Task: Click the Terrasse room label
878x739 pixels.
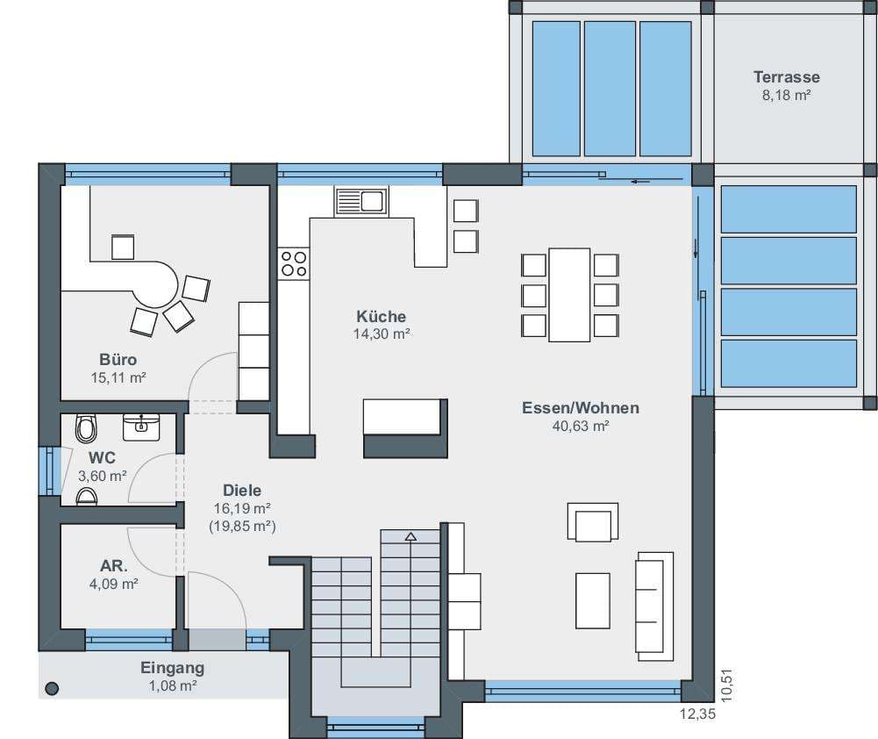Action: coord(786,76)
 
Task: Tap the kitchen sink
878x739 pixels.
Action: coord(361,202)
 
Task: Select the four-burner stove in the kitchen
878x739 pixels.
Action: coord(294,263)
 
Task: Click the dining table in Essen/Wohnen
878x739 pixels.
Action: coord(569,295)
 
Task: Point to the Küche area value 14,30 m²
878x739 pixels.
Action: coord(382,334)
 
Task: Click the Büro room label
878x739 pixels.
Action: coord(118,359)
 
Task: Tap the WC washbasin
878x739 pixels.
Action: coord(141,427)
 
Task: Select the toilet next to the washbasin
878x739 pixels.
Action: coord(86,428)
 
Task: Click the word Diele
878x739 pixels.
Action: coord(242,491)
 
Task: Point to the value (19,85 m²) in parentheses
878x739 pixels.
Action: coord(242,527)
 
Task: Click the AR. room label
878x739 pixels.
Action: coord(114,566)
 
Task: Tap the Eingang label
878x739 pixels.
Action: coord(173,668)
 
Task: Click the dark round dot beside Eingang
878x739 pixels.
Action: coord(52,689)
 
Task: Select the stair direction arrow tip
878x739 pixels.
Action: coord(411,534)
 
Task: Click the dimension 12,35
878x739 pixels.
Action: coord(697,714)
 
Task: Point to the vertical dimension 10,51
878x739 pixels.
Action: coord(726,685)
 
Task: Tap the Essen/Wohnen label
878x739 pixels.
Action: coord(581,408)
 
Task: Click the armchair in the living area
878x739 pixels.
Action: coord(593,522)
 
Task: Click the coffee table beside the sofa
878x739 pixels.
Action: coord(593,600)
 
